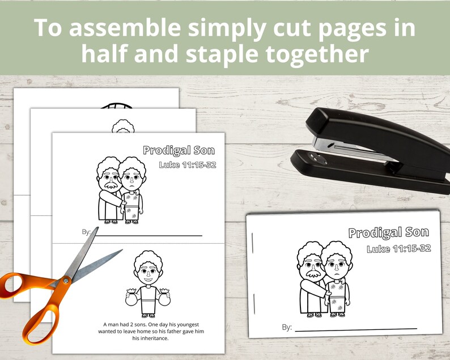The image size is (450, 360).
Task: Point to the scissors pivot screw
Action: (67, 279)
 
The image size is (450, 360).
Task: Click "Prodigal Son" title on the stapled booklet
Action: (388, 232)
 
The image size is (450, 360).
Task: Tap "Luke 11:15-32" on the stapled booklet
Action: (398, 248)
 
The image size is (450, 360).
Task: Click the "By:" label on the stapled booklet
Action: (287, 327)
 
